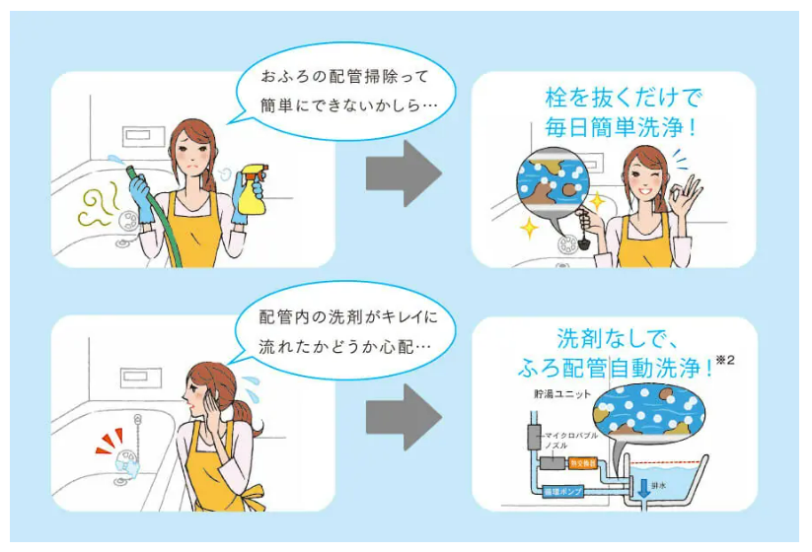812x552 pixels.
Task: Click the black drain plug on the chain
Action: click(583, 238)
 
